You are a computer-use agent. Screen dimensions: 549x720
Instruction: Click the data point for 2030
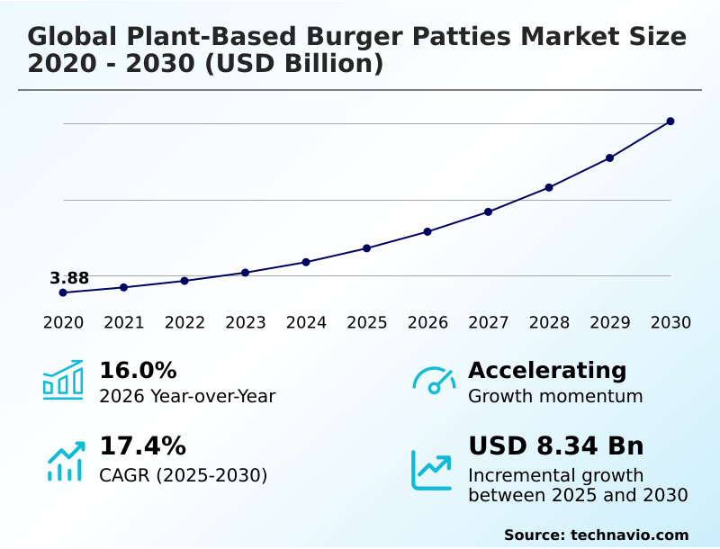point(670,121)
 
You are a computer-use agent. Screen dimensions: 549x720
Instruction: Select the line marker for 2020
point(63,292)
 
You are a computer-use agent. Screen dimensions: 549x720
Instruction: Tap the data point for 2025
point(367,248)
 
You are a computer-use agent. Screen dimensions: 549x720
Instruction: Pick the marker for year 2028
point(549,187)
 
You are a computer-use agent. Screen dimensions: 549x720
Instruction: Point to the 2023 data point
point(245,273)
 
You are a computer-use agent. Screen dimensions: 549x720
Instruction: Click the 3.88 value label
point(69,278)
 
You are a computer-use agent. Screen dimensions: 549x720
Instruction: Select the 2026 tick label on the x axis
point(427,323)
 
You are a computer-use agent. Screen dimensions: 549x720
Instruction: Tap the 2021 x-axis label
point(123,323)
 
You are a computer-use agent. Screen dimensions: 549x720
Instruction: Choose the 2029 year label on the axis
point(609,323)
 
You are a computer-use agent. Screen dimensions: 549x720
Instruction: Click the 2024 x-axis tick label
point(306,323)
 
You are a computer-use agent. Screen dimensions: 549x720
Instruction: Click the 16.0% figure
point(138,371)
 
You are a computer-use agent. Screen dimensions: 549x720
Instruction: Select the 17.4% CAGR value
point(142,446)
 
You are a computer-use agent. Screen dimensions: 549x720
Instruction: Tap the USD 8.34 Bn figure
point(556,446)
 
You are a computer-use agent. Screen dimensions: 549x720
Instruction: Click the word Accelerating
point(547,371)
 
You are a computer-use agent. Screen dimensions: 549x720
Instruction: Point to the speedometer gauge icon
point(434,380)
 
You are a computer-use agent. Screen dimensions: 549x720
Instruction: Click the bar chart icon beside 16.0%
point(63,380)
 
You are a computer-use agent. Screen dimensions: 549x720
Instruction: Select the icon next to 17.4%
point(65,461)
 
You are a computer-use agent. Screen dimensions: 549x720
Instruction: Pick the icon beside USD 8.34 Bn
point(432,470)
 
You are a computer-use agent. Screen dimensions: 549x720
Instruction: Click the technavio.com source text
point(629,535)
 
